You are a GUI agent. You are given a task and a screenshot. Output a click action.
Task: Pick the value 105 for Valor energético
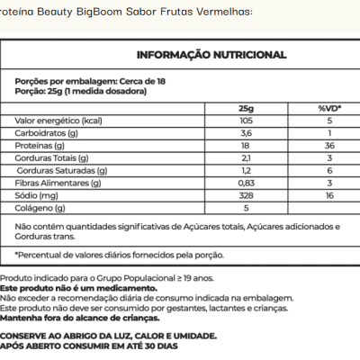(x=246, y=120)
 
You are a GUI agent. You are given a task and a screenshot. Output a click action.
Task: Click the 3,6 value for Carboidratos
(x=246, y=132)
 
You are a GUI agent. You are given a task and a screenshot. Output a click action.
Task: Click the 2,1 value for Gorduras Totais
(x=246, y=157)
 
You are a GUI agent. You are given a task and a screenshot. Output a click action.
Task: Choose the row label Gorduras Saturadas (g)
(x=64, y=169)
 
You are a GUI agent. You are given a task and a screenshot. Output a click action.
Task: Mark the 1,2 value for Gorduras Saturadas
(x=246, y=169)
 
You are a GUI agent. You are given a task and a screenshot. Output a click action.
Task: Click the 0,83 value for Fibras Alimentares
(x=246, y=182)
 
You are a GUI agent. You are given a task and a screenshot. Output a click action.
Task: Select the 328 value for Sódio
(x=246, y=193)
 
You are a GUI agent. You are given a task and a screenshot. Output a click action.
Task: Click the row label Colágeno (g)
(x=41, y=206)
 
